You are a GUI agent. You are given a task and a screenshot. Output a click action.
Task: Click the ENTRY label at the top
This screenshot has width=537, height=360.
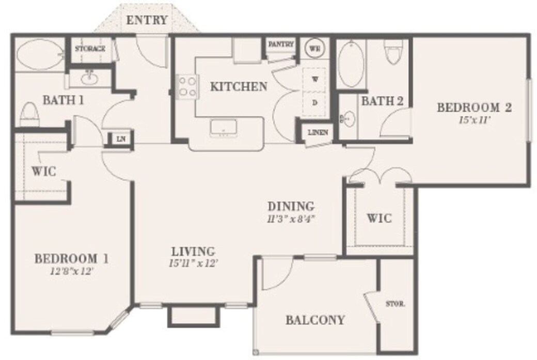pos(147,21)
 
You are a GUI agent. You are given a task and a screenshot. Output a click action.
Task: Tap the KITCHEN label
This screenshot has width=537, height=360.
pos(239,86)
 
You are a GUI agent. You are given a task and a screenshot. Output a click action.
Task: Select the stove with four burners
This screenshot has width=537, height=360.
pos(187,86)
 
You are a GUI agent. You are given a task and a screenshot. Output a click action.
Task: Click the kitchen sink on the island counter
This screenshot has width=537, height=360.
pos(224,128)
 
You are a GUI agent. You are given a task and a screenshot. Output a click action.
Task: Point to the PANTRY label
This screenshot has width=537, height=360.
pos(281,45)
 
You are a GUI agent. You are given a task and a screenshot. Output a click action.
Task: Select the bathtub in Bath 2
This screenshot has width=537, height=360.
pos(351,64)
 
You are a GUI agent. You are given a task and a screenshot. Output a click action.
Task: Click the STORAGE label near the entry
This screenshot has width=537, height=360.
pos(90,49)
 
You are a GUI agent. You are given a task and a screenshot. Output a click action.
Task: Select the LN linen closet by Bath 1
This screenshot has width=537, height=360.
pos(121,138)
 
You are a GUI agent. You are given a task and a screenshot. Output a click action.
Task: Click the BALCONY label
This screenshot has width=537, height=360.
pos(314,320)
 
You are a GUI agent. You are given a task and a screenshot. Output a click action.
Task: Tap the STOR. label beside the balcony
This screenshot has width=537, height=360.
pos(395,304)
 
